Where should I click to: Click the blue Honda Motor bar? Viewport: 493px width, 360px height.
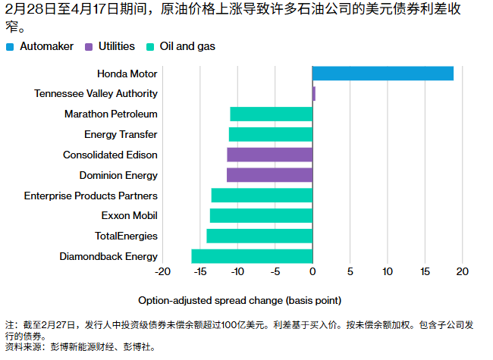pyautogui.click(x=382, y=74)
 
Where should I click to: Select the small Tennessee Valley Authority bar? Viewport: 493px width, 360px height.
pyautogui.click(x=314, y=94)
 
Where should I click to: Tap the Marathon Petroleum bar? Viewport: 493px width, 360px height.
pyautogui.click(x=271, y=114)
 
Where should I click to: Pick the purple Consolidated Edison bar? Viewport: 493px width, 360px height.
pyautogui.click(x=269, y=155)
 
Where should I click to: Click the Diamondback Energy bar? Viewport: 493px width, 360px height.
pyautogui.click(x=252, y=256)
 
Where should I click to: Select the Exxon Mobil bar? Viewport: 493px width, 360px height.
pyautogui.click(x=261, y=215)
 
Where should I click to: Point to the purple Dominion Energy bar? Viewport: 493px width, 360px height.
pyautogui.click(x=269, y=175)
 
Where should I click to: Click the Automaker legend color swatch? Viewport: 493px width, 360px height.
pyautogui.click(x=10, y=47)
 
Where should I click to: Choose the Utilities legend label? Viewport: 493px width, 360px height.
pyautogui.click(x=116, y=47)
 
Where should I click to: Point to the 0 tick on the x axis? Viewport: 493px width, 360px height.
pyautogui.click(x=312, y=271)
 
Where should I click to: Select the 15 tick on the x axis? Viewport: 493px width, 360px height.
pyautogui.click(x=425, y=271)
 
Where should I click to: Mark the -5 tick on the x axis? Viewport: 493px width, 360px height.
pyautogui.click(x=275, y=271)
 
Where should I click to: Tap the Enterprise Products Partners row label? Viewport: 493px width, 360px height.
pyautogui.click(x=91, y=196)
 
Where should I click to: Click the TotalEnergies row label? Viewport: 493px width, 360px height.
pyautogui.click(x=126, y=236)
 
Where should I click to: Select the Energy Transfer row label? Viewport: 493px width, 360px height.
pyautogui.click(x=121, y=135)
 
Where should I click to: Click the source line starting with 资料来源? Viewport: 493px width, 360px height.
pyautogui.click(x=80, y=347)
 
